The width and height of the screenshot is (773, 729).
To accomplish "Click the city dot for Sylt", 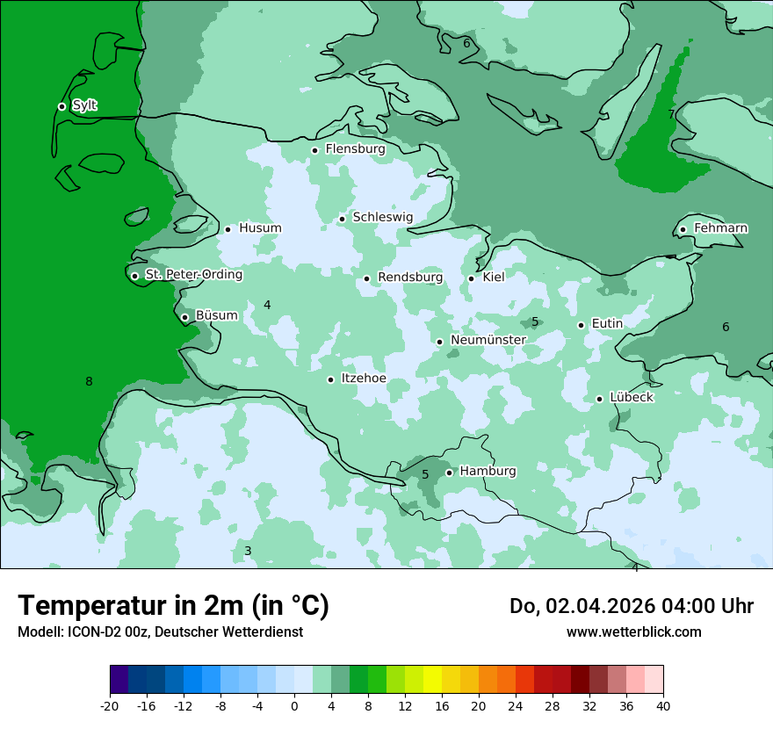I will pos(61,106).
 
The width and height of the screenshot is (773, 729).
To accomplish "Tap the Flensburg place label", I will pos(355,149).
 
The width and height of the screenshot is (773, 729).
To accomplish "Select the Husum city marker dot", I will pos(228,229).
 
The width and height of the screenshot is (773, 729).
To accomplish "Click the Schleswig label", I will pos(382,217).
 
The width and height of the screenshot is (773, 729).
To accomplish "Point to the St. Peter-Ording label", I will pos(193,274).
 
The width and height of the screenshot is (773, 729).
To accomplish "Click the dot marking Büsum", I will pos(184,317).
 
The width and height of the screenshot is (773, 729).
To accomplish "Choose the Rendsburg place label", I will pos(409,278).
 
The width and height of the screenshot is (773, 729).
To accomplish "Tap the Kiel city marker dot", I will pos(471,278).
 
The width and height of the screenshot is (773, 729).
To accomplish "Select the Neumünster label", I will pos(488,340).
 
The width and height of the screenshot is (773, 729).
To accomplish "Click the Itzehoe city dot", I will pos(330,379).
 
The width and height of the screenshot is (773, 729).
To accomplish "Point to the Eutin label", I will pos(607,324).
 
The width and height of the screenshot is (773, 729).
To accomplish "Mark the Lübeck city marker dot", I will pos(599,399).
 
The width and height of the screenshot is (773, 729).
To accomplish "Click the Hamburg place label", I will pos(488,471).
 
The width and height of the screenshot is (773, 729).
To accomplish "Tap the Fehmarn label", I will pos(720,228).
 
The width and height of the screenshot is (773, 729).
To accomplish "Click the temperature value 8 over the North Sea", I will pos(89,381).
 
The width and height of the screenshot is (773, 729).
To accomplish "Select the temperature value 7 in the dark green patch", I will pos(671,114).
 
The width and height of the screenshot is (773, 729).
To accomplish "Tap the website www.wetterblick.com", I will pos(633,632).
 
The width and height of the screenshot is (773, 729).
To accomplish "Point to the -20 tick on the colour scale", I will pos(110,705).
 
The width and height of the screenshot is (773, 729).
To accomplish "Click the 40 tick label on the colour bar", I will pos(663,705).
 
